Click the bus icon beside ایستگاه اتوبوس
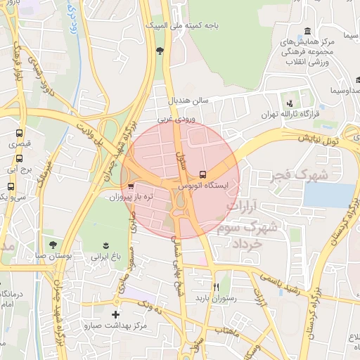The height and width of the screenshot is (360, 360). click(x=203, y=173)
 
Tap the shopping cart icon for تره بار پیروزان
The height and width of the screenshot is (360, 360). click(x=131, y=186)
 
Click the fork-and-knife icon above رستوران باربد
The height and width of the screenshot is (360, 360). click(x=216, y=287)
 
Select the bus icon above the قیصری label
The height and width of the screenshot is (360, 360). click(x=19, y=132)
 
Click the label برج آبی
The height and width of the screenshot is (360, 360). click(x=16, y=169)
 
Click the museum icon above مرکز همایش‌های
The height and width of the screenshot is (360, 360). click(x=308, y=32)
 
